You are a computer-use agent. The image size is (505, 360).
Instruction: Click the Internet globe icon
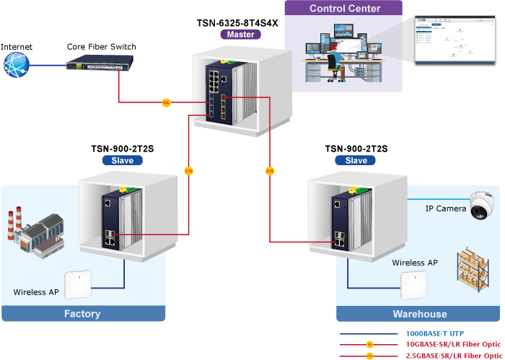click(16, 65)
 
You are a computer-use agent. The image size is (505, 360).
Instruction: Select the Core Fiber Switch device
click(101, 64)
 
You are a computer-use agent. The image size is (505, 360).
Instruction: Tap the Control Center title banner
click(345, 9)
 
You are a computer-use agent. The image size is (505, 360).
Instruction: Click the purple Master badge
click(239, 34)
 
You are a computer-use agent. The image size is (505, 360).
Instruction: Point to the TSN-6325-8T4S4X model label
click(237, 23)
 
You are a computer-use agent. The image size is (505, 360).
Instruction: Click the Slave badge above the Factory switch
click(122, 160)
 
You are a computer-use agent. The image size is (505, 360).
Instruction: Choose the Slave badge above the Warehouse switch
click(356, 160)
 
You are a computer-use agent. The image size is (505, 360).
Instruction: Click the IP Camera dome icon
click(479, 206)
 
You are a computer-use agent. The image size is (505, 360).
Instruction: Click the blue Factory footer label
click(83, 314)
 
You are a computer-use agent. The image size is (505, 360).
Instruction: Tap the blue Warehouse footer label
click(419, 315)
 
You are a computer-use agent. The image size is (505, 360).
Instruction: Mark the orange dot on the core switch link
click(166, 103)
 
